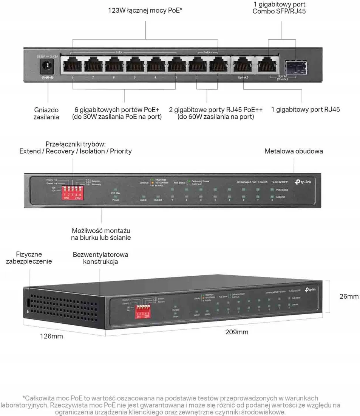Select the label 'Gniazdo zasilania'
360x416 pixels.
46,113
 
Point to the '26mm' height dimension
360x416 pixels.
349,296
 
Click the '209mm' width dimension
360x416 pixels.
237,332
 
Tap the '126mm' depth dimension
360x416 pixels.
51,336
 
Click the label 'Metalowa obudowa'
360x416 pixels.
294,151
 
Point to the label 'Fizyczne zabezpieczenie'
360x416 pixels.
29,258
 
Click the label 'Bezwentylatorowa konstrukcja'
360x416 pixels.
100,258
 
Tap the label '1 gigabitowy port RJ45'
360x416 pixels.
305,110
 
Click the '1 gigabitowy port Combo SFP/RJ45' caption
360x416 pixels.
279,8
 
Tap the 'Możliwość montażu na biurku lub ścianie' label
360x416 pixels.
101,234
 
